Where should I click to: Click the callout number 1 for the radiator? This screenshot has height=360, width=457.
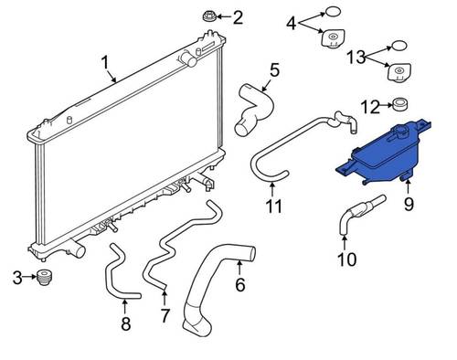point(105,63)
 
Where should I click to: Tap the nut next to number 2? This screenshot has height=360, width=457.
point(210,16)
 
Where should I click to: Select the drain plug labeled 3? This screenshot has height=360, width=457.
point(44,277)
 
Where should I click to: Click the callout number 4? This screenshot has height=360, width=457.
point(292,24)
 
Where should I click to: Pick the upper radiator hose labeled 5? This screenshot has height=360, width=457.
point(255,110)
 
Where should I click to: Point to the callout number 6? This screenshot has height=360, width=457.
point(240,284)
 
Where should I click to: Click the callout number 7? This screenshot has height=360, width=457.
point(165,315)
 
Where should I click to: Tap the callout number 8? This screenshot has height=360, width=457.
point(126,323)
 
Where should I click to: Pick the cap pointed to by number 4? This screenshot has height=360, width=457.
point(333,38)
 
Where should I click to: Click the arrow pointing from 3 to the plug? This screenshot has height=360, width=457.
point(29,277)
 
